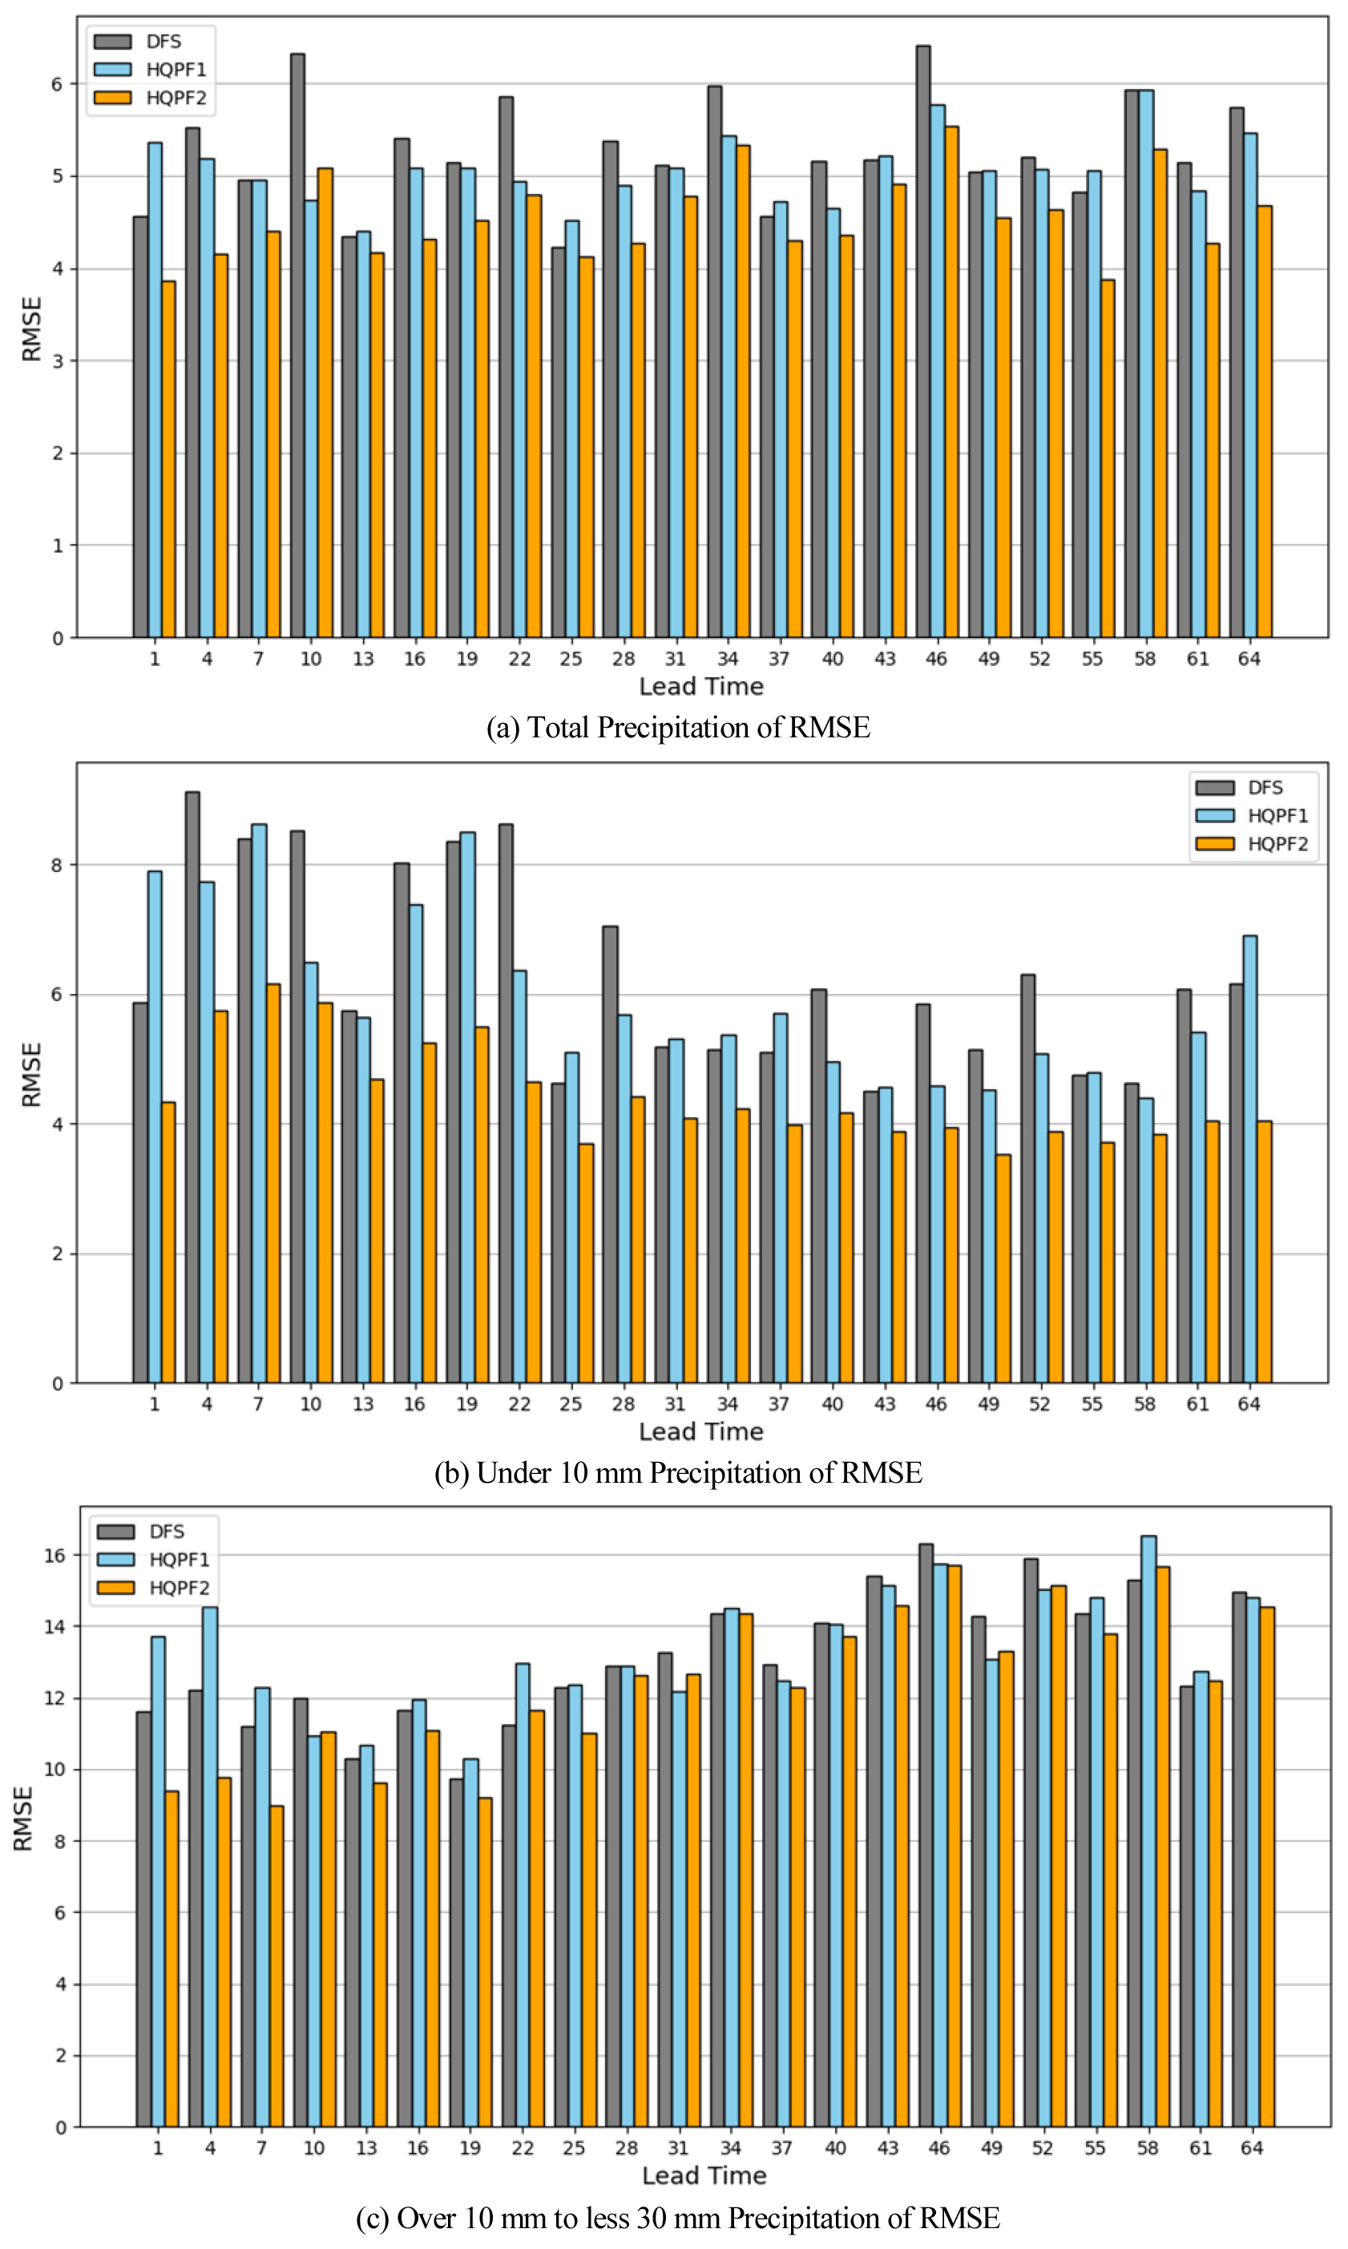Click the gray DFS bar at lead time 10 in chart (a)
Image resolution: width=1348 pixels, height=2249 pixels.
coord(297,345)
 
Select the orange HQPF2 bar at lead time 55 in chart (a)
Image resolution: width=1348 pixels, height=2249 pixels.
coord(1108,458)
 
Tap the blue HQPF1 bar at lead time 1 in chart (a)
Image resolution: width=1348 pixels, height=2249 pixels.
coord(155,390)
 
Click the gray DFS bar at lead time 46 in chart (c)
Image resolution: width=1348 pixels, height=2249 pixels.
coord(926,1835)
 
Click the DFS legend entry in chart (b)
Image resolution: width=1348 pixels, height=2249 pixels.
coord(1265,788)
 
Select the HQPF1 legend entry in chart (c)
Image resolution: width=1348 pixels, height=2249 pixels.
coord(179,1560)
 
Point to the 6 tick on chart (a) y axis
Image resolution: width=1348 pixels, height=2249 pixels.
coord(57,84)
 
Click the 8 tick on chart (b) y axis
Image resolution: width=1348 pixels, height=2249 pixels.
coord(57,866)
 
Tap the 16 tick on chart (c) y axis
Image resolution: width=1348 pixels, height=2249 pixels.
coord(54,1555)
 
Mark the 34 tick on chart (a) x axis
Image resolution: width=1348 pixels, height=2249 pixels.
coord(728,660)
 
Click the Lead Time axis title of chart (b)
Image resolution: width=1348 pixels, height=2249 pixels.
coord(700,1431)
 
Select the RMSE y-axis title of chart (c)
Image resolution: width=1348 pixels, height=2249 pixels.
coord(23,1819)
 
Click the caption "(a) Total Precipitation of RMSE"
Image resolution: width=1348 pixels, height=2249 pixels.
coord(678,728)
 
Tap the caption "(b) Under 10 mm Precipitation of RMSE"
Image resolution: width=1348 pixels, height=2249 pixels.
coord(678,1472)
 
